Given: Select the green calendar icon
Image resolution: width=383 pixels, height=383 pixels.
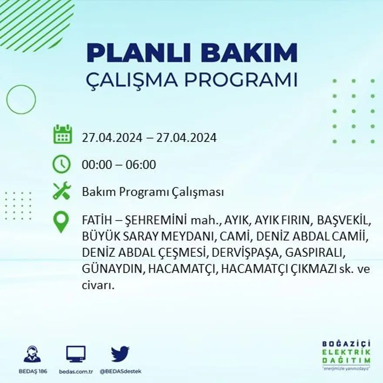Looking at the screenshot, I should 62,134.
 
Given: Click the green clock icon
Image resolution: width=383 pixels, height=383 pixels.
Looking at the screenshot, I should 61,165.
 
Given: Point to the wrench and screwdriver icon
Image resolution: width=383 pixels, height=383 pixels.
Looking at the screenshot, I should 61,191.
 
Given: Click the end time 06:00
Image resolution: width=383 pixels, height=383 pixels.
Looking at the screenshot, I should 141,165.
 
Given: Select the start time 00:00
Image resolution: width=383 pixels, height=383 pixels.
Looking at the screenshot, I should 96,165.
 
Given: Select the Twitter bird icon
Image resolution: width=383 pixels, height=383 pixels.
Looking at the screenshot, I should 120,354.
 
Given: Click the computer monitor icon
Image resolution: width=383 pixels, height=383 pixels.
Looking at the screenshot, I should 76,354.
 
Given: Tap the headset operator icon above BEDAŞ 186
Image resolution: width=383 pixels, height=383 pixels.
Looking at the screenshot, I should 32,354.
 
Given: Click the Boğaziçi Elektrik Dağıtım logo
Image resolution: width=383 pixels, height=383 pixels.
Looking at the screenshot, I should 346,354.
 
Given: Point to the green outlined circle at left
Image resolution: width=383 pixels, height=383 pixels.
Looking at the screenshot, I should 21,100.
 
